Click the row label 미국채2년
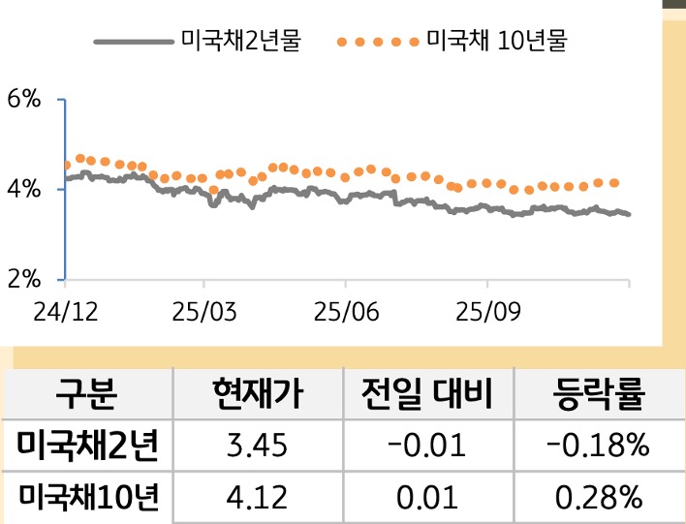click(x=87, y=447)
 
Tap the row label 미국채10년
click(x=87, y=498)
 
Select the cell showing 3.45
click(x=257, y=447)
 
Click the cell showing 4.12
click(x=257, y=498)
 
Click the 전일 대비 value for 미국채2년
click(x=426, y=447)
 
